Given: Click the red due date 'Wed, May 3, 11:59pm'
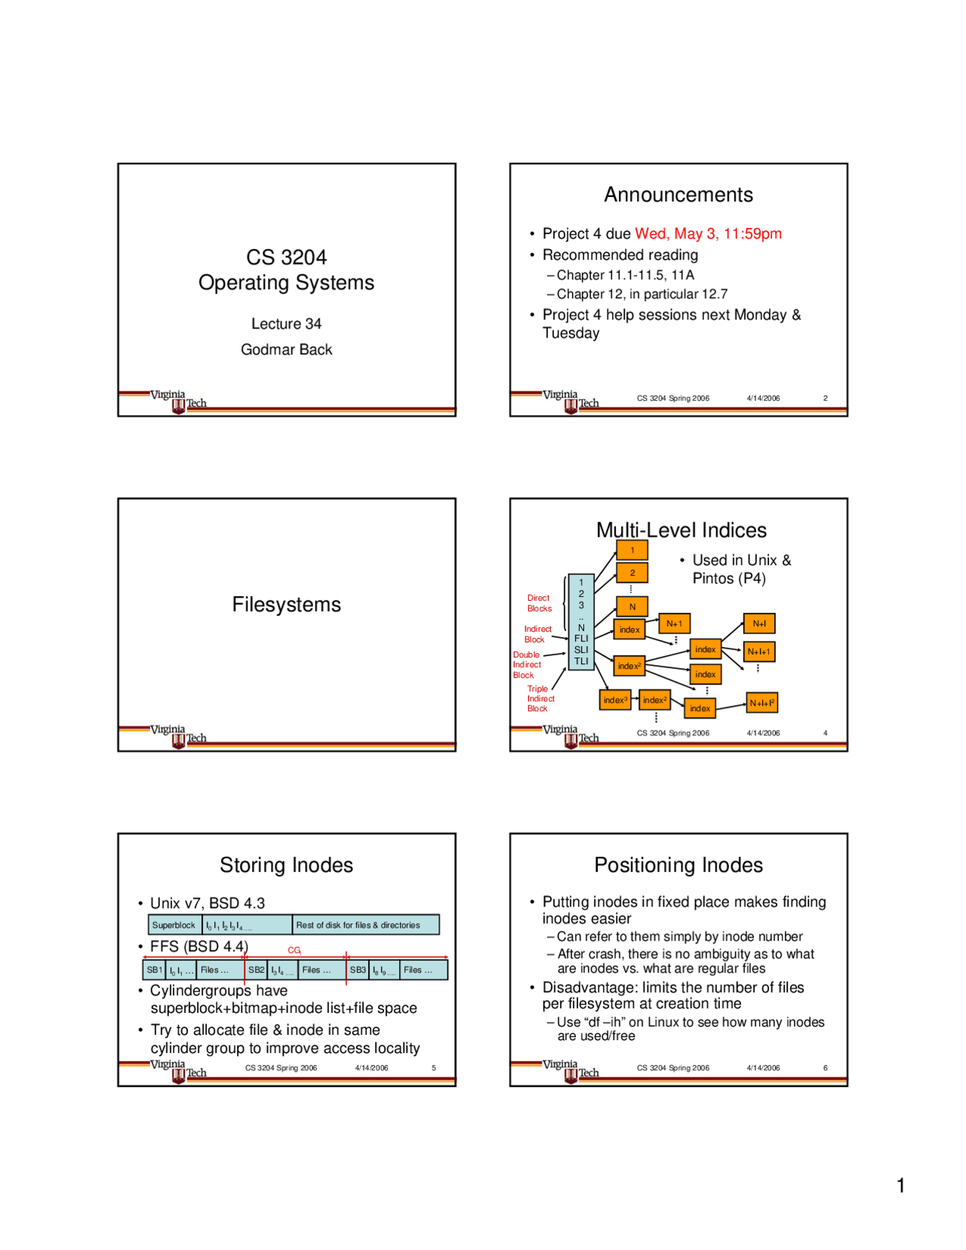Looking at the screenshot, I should pyautogui.click(x=708, y=234).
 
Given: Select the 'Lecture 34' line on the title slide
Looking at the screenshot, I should pyautogui.click(x=286, y=324).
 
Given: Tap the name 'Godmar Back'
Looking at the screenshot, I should pyautogui.click(x=286, y=349).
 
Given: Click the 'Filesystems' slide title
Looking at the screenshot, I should pyautogui.click(x=286, y=605).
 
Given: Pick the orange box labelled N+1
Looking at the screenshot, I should pyautogui.click(x=674, y=623).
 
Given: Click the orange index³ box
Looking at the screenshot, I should pyautogui.click(x=615, y=700).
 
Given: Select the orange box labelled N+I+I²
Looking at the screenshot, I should pyautogui.click(x=761, y=703).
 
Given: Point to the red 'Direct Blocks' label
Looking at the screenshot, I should pyautogui.click(x=539, y=603).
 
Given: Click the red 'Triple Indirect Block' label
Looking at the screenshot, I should pyautogui.click(x=540, y=699).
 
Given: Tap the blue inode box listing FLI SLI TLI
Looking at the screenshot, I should pyautogui.click(x=581, y=621).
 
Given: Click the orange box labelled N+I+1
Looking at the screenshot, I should pyautogui.click(x=759, y=651).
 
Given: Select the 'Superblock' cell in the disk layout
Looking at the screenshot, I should pyautogui.click(x=174, y=925).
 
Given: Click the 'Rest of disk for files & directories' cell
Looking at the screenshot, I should pyautogui.click(x=358, y=925).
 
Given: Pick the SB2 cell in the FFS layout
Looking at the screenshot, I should pyautogui.click(x=257, y=970).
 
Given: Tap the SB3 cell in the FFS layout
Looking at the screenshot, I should pyautogui.click(x=358, y=970).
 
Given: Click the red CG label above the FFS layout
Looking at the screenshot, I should pyautogui.click(x=294, y=950).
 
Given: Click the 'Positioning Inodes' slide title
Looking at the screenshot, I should pyautogui.click(x=678, y=865).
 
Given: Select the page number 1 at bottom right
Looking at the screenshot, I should pyautogui.click(x=900, y=1186).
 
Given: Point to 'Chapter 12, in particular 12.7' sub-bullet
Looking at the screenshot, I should pyautogui.click(x=641, y=294).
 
